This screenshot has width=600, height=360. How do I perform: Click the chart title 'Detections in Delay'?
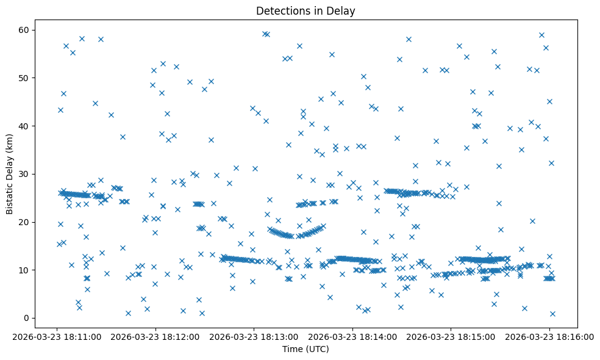coord(305,11)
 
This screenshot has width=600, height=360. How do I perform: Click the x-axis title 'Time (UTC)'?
coord(305,349)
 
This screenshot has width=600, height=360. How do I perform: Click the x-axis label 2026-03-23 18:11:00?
coord(57,336)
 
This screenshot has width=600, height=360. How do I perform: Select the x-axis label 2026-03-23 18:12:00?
coord(155,336)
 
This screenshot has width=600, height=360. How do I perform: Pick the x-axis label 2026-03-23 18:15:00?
coord(451,336)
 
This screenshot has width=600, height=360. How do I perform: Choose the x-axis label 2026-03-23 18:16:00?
coord(549,336)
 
